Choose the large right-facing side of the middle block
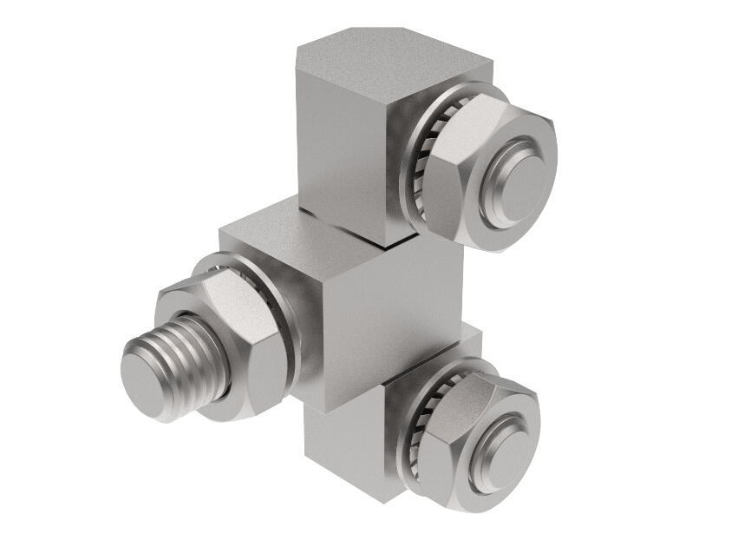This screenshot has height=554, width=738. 390,321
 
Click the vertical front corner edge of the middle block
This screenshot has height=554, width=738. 325,347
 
